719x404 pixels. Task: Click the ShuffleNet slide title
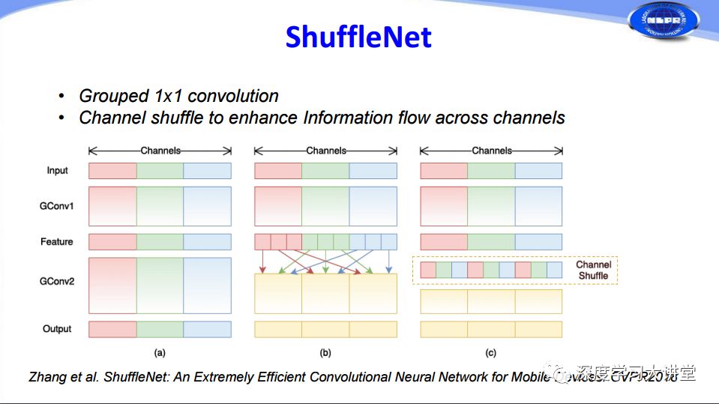point(358,36)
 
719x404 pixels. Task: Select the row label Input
point(57,171)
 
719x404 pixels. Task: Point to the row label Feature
point(57,242)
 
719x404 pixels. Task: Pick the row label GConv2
point(57,282)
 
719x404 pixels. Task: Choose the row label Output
point(57,329)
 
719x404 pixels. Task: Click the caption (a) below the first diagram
point(160,352)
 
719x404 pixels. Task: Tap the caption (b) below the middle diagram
point(325,352)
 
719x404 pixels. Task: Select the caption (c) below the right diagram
point(490,352)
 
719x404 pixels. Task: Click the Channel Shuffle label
point(593,270)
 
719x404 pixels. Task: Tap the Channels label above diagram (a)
point(160,151)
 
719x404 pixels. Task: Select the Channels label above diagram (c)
point(492,151)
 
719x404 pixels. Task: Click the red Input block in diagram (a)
point(112,171)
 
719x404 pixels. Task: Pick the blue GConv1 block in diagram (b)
point(373,206)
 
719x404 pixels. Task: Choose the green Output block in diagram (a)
point(160,329)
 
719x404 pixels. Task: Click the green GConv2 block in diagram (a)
point(160,286)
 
